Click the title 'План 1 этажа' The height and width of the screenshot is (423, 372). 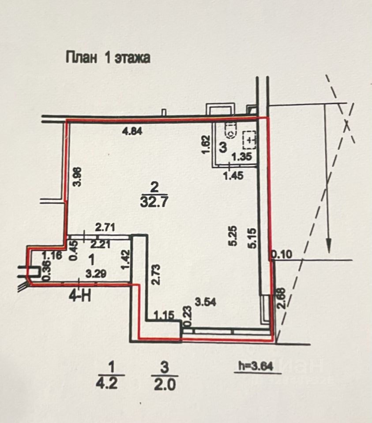(108, 58)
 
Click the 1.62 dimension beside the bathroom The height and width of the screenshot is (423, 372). (204, 145)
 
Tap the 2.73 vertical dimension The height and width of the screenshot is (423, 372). (155, 275)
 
